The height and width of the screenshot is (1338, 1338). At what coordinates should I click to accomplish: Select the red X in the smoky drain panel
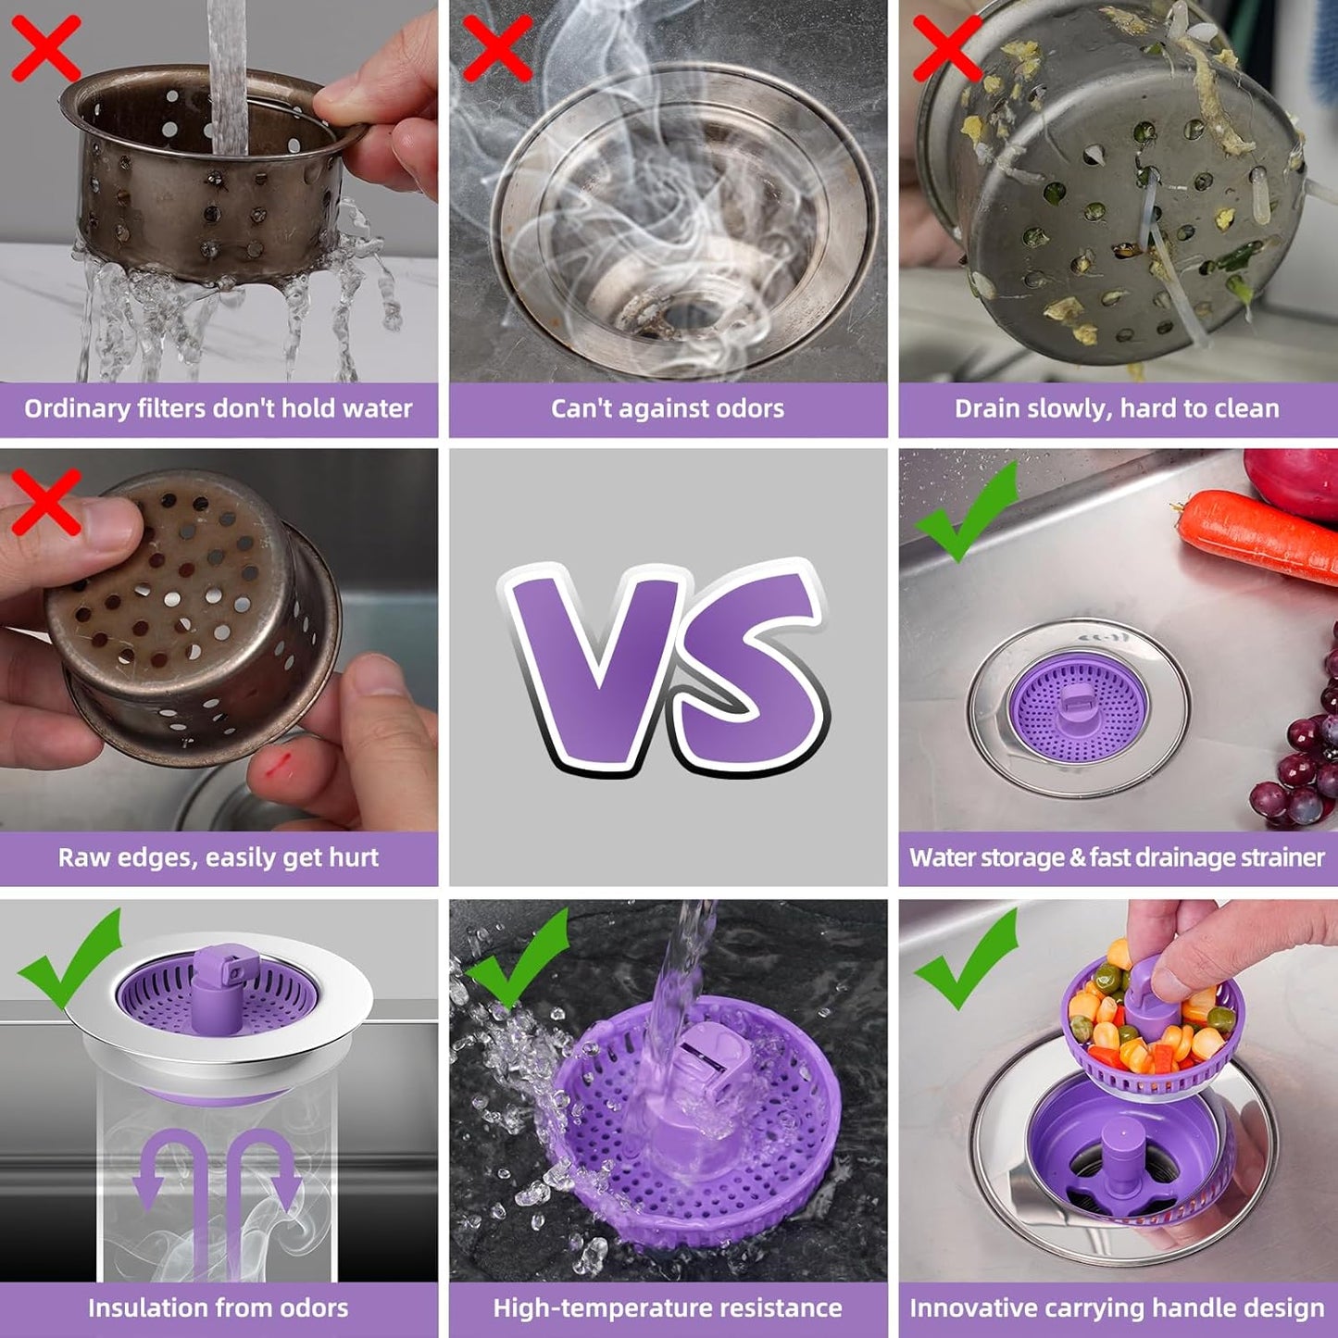tap(496, 47)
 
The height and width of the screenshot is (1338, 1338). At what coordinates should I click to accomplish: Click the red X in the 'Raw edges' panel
tap(45, 501)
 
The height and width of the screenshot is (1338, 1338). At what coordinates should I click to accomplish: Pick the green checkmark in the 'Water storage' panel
tap(965, 512)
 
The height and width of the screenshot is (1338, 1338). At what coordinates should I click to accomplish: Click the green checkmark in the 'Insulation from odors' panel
tap(70, 958)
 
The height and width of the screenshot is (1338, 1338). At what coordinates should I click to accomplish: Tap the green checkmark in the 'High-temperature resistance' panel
tap(519, 958)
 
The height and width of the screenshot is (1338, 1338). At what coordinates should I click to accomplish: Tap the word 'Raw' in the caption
tap(77, 857)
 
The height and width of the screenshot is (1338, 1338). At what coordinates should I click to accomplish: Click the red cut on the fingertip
tap(279, 764)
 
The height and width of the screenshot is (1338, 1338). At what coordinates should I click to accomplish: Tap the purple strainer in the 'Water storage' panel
tap(1077, 707)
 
